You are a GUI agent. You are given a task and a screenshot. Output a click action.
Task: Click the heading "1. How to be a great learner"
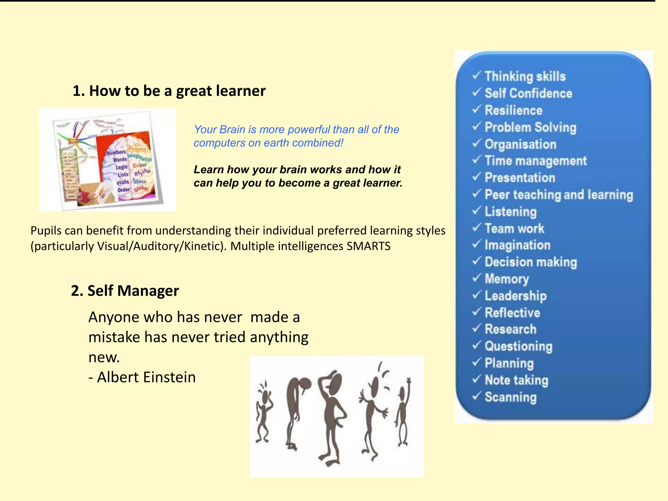click(x=169, y=91)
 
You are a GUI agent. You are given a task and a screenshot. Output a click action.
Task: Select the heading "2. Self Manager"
click(x=125, y=291)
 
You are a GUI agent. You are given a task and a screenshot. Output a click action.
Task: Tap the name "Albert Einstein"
click(x=146, y=377)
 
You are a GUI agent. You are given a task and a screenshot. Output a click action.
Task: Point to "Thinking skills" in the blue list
click(x=525, y=76)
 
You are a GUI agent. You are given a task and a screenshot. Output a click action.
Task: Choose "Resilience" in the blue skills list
click(x=513, y=110)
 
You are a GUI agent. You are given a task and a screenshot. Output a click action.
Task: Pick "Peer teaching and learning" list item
click(x=558, y=195)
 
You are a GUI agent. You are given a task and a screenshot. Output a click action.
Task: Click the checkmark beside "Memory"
click(x=477, y=278)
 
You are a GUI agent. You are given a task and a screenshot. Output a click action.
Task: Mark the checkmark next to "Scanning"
click(x=477, y=396)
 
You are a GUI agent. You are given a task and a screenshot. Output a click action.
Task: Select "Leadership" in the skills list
click(x=515, y=296)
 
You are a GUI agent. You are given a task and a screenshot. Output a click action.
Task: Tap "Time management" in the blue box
click(x=536, y=161)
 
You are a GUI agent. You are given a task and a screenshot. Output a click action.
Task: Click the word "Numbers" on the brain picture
click(x=116, y=152)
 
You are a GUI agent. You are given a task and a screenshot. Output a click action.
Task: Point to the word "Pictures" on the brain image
click(x=137, y=149)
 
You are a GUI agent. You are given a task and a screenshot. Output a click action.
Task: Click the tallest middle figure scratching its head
click(x=332, y=417)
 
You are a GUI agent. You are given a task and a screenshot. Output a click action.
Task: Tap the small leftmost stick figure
click(x=264, y=414)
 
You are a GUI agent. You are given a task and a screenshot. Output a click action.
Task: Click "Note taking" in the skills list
click(x=516, y=380)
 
